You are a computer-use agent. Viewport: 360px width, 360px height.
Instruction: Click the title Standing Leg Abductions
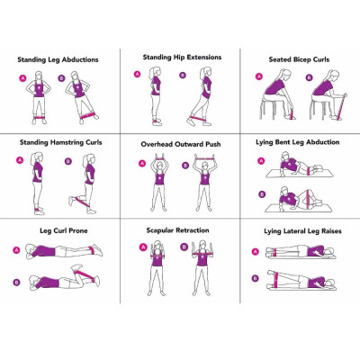[58, 59]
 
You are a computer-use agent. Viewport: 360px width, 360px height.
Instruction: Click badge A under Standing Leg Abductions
[22, 78]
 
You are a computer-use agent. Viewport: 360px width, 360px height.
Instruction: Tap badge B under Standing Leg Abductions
[61, 78]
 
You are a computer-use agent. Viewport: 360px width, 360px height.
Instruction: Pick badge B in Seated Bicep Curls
[307, 77]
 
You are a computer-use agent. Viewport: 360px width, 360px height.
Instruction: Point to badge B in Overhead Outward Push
[185, 163]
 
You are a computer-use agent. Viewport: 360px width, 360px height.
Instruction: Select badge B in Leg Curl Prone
[17, 282]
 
